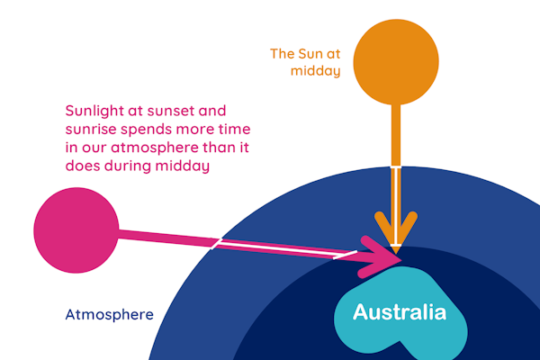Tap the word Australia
pyautogui.click(x=399, y=313)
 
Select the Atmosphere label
pyautogui.click(x=109, y=315)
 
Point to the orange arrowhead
pyautogui.click(x=396, y=230)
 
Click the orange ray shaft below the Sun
pyautogui.click(x=396, y=135)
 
